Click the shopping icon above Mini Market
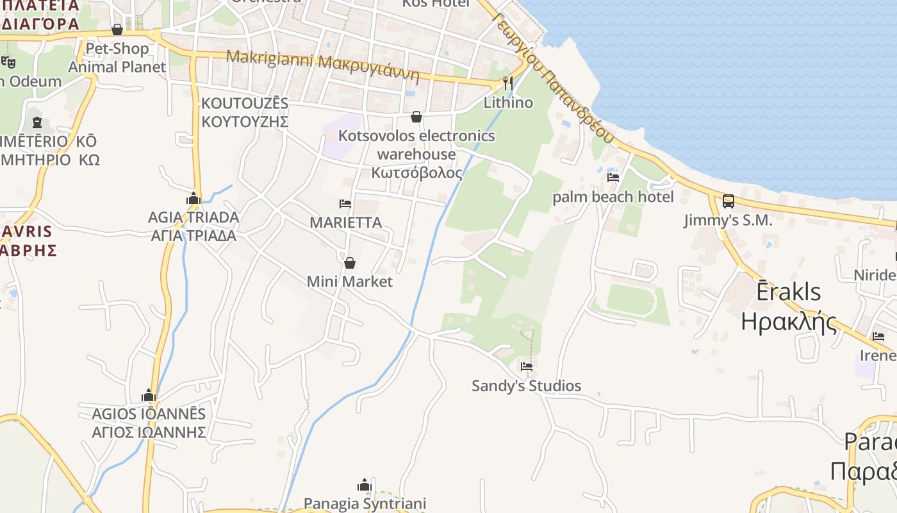point(350,263)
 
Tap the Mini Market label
point(350,282)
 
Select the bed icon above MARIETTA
point(345,204)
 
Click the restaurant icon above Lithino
point(508,83)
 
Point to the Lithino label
point(508,103)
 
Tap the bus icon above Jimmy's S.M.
point(728,201)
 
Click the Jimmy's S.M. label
point(728,221)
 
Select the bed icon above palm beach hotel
point(613,178)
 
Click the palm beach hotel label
point(613,197)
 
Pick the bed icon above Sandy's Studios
point(527,367)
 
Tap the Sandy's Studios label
point(527,386)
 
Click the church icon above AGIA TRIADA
point(193,199)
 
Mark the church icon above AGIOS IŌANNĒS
point(149,395)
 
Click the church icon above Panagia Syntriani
point(365,485)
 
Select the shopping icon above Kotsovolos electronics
point(416,117)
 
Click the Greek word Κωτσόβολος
point(416,173)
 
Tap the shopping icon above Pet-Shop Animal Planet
point(117,29)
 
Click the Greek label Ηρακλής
point(789,321)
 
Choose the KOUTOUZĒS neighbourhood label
point(245,103)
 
